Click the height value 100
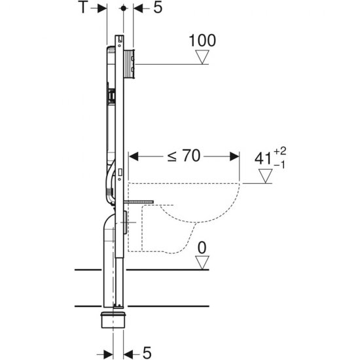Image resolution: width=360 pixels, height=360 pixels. (202, 41)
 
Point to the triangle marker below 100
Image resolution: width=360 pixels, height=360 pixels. (203, 58)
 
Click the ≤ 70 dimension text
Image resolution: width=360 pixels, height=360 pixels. (184, 156)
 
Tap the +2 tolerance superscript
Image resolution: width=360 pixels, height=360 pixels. (281, 151)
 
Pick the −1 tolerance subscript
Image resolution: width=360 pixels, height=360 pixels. (281, 165)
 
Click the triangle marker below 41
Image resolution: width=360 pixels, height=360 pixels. (265, 176)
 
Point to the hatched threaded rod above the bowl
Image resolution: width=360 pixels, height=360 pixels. (141, 204)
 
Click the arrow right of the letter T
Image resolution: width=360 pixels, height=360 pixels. (100, 8)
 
